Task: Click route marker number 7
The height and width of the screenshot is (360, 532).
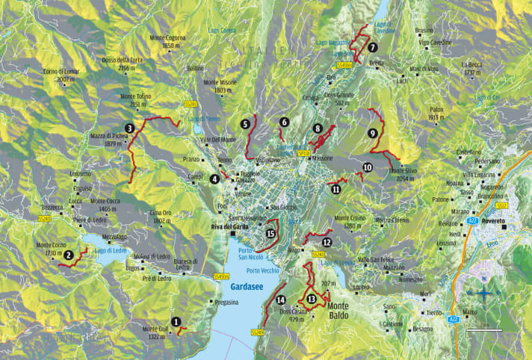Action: [372, 47]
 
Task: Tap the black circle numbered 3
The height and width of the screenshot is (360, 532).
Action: [130, 128]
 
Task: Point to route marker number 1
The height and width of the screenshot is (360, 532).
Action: [176, 322]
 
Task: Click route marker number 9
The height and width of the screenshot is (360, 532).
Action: [372, 133]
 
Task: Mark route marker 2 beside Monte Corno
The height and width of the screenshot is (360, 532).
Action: [68, 255]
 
